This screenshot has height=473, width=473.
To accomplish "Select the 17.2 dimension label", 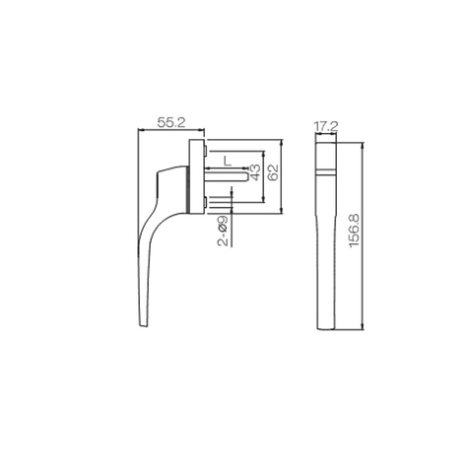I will tap(325, 127).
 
